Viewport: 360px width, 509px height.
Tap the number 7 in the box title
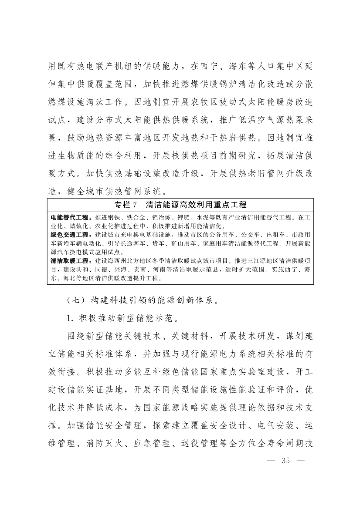coord(136,205)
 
